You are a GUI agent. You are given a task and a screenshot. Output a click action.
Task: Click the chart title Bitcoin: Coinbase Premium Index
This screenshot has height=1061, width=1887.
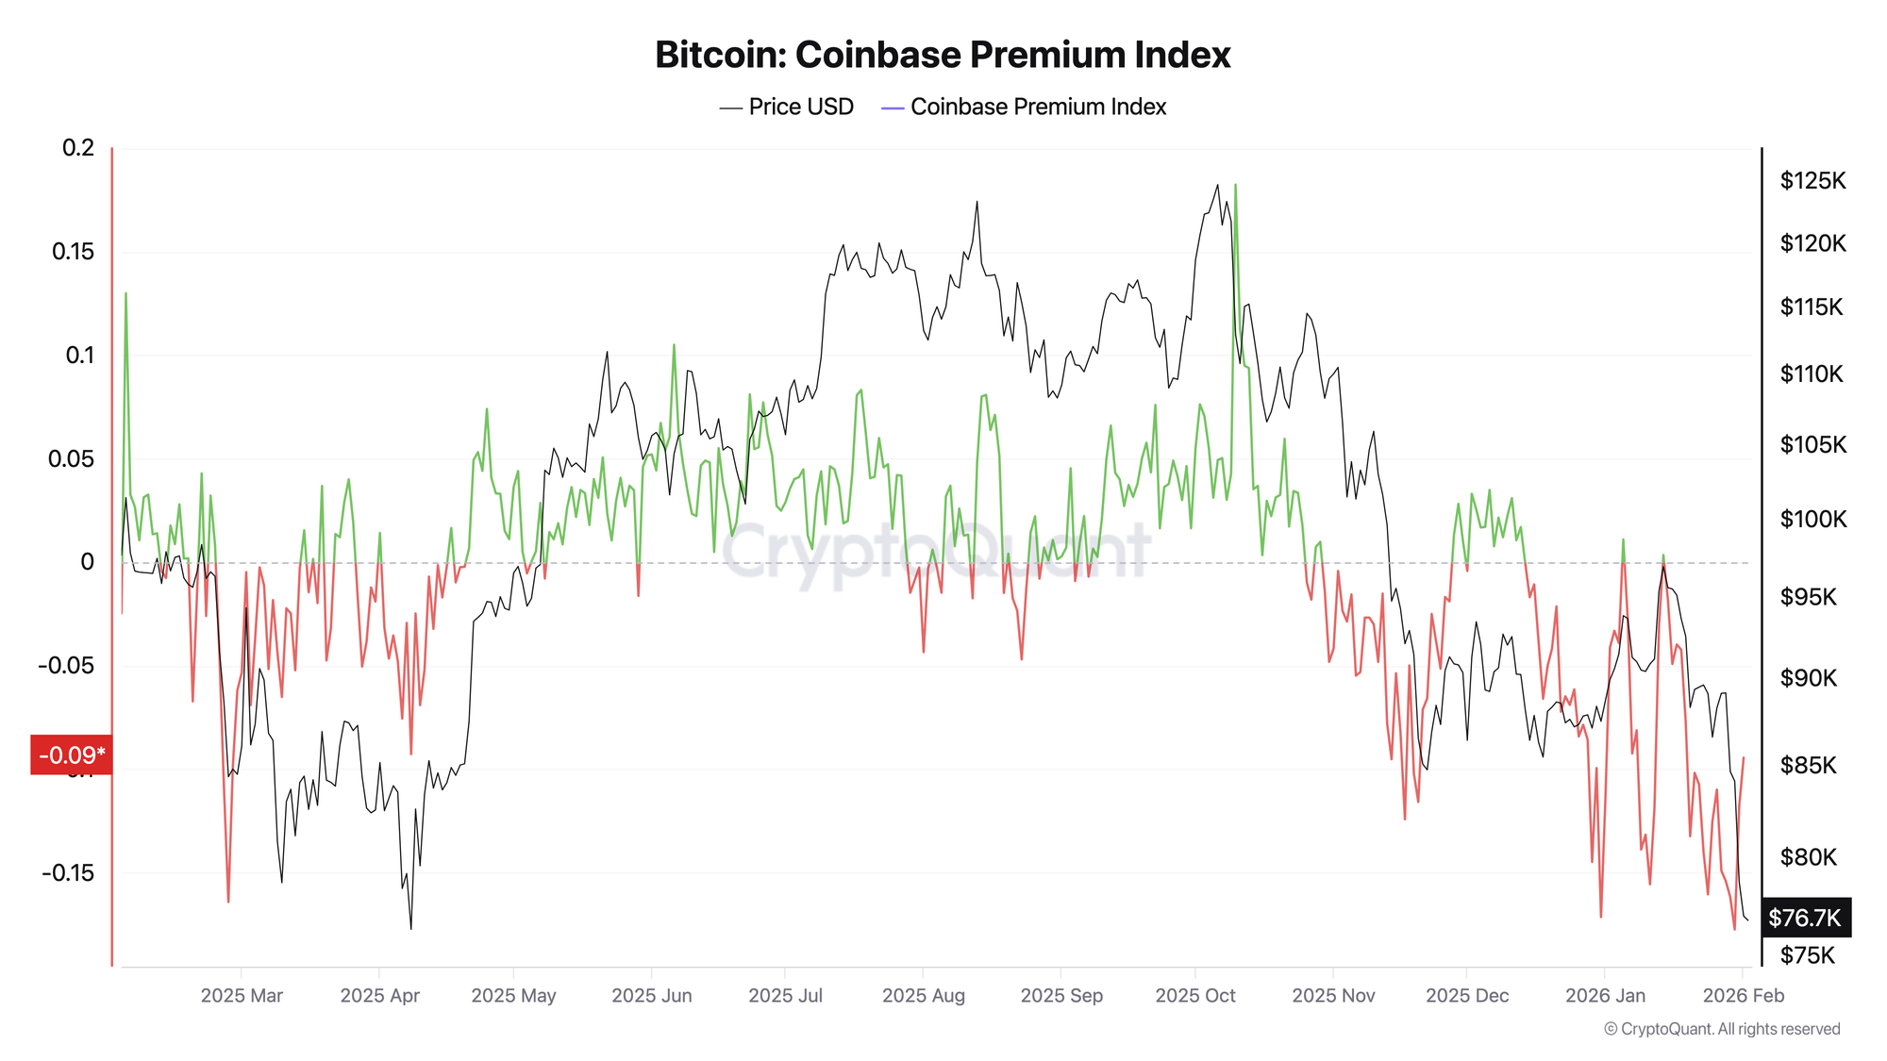(x=943, y=55)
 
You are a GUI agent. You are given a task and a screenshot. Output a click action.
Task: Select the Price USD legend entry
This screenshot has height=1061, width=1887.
(x=787, y=108)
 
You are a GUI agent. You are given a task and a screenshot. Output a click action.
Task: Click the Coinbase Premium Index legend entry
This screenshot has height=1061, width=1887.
(x=1025, y=108)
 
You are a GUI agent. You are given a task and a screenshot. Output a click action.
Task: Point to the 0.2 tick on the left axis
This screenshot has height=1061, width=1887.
(x=78, y=148)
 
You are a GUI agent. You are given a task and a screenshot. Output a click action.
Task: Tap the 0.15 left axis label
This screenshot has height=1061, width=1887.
(x=73, y=252)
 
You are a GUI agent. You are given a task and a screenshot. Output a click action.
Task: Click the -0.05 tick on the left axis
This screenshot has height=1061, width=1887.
(x=66, y=666)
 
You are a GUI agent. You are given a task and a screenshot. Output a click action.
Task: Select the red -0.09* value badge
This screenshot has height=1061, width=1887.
(x=72, y=755)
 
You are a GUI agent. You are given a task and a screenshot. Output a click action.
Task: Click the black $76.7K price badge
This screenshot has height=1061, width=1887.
(x=1805, y=918)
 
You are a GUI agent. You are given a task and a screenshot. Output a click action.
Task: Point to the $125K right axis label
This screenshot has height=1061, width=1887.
(x=1812, y=181)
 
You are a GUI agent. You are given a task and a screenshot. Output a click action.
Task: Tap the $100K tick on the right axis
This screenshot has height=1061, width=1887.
(x=1812, y=519)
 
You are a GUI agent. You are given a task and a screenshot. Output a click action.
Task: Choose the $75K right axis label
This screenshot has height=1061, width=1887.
(x=1807, y=955)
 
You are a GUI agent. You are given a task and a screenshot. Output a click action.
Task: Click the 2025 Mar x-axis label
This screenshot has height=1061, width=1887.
(x=242, y=996)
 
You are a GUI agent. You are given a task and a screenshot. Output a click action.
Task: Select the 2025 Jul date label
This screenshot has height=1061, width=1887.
(x=785, y=996)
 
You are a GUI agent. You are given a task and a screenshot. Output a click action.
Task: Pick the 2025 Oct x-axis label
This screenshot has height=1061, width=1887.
(x=1194, y=996)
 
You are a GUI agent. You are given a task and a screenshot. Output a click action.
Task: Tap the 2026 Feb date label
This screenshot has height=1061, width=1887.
(x=1743, y=996)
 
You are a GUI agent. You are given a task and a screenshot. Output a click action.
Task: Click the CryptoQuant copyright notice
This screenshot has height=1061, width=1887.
(x=1722, y=1029)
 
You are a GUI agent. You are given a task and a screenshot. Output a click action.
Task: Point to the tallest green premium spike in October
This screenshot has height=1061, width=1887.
(x=1235, y=186)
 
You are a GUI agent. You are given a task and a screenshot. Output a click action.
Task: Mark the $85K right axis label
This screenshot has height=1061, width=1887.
(x=1808, y=765)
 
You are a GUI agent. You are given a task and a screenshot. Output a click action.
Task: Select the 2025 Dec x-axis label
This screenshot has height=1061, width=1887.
(x=1467, y=996)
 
